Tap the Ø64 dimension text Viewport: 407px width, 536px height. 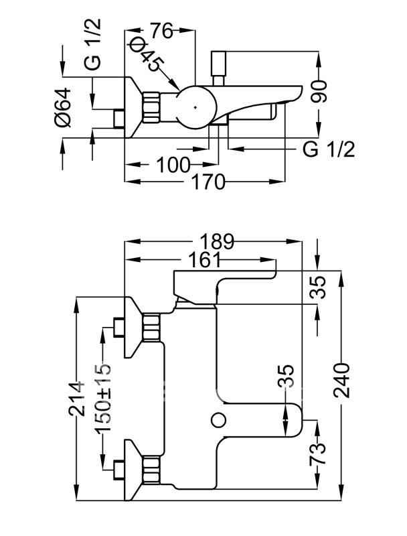(x=63, y=107)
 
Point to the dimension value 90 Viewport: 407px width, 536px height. (x=319, y=92)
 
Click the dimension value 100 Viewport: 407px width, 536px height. (x=173, y=165)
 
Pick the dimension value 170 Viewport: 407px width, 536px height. (x=208, y=182)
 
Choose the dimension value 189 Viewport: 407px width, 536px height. (x=217, y=242)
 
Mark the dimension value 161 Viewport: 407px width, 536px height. (x=204, y=261)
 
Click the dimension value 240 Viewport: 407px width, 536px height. (x=341, y=381)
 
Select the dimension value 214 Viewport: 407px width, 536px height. (x=76, y=399)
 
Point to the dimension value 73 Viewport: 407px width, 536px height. (x=318, y=454)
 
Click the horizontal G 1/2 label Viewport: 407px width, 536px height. (x=329, y=149)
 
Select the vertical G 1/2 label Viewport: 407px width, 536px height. (x=93, y=44)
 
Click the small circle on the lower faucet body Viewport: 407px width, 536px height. (x=218, y=419)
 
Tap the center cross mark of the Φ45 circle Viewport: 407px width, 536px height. (x=195, y=107)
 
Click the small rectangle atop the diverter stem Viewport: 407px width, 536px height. (x=218, y=64)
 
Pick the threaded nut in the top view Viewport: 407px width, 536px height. (x=151, y=107)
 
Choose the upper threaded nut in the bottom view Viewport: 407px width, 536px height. (x=151, y=328)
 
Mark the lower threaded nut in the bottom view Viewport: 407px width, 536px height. (x=151, y=470)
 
